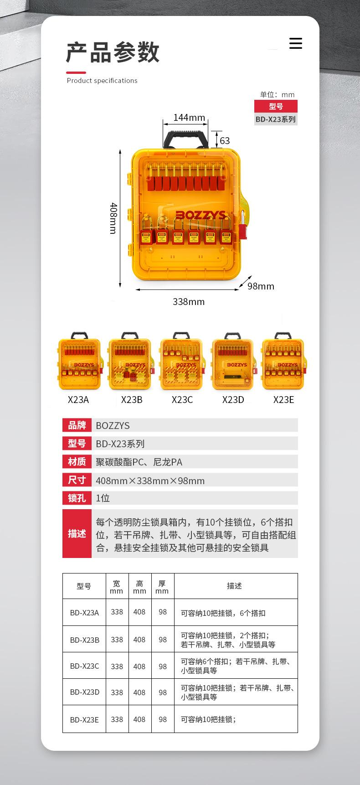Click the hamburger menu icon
[x=296, y=43]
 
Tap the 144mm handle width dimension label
[x=189, y=118]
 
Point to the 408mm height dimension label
[x=113, y=218]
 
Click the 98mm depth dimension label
[x=261, y=286]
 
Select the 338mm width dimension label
[x=189, y=302]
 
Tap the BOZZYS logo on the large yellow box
[x=201, y=215]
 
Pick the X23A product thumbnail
[x=79, y=363]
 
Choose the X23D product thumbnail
[x=233, y=363]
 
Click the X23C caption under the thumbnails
[x=182, y=400]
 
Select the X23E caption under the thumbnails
[x=283, y=400]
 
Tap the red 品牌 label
[x=77, y=425]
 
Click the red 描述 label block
[x=77, y=534]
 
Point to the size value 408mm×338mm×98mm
[x=150, y=480]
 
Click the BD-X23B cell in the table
[x=84, y=640]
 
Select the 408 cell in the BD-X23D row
[x=139, y=692]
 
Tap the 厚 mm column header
[x=162, y=587]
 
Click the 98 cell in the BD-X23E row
[x=163, y=719]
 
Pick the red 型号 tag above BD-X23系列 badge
[x=276, y=106]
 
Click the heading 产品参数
[x=113, y=52]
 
